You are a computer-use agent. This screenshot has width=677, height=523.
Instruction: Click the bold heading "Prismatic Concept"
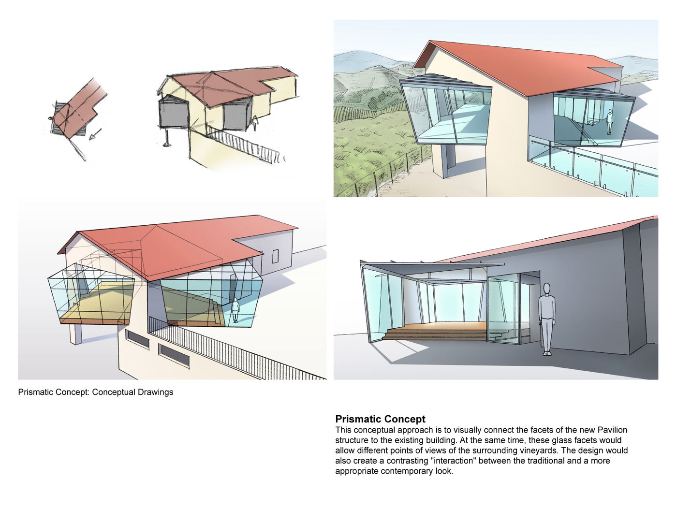coord(380,419)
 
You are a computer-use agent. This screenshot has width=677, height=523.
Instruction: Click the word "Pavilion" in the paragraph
coord(612,430)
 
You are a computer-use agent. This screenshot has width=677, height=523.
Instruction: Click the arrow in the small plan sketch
coord(96,134)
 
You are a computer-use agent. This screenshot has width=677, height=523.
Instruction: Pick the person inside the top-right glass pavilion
coord(610,122)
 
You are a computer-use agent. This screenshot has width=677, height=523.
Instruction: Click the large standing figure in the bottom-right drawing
coord(547,319)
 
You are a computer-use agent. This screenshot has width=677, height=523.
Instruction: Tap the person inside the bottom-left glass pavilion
coord(235,310)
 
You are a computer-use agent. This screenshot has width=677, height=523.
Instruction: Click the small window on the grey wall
coord(275,256)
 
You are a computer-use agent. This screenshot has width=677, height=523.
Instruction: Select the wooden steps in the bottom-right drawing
coord(434,332)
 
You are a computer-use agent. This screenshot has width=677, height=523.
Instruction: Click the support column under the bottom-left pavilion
coord(76,334)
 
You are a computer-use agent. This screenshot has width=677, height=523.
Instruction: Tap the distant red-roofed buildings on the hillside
coord(401,67)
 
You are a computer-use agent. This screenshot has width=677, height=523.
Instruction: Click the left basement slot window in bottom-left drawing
coord(137,339)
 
